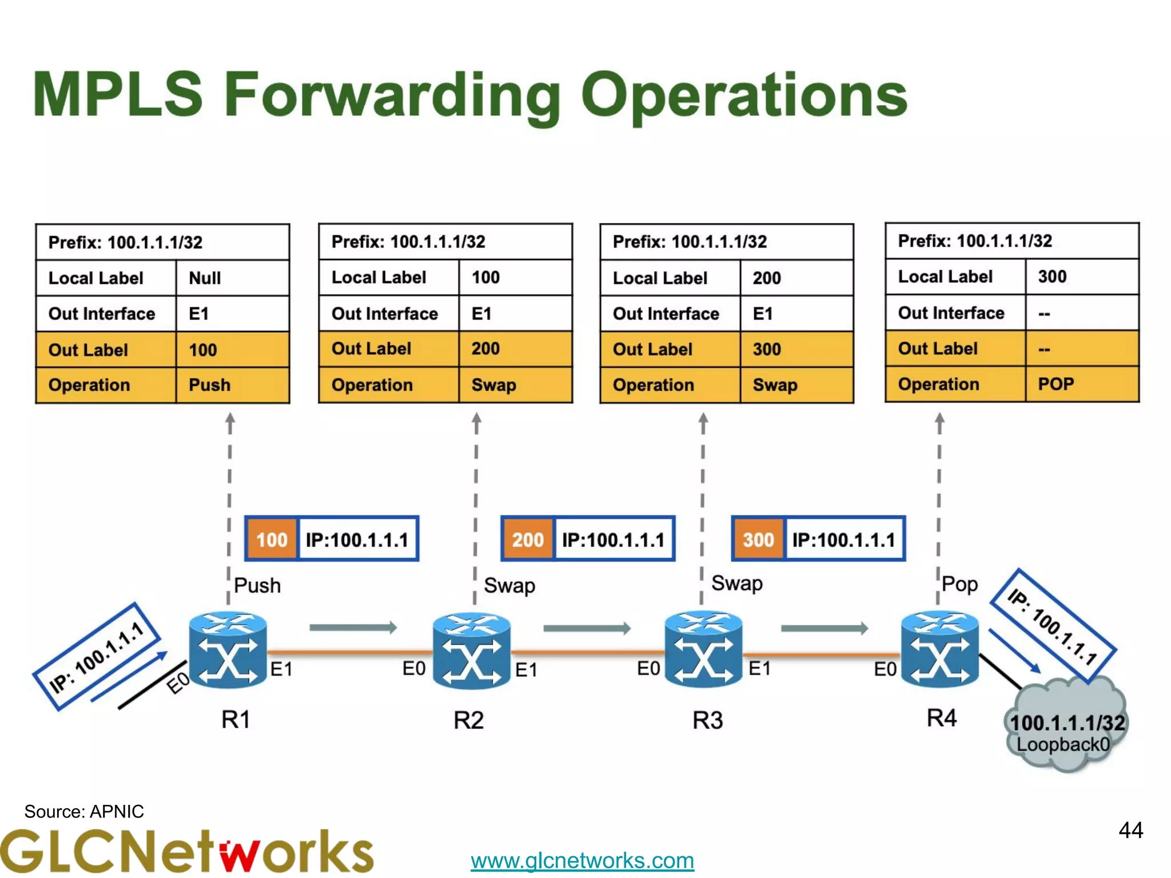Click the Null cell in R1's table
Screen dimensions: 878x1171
pyautogui.click(x=232, y=278)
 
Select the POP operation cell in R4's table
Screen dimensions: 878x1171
pyautogui.click(x=1081, y=384)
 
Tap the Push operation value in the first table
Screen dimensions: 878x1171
pyautogui.click(x=232, y=385)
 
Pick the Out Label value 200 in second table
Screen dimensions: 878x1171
pyautogui.click(x=514, y=349)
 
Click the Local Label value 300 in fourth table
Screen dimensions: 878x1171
pyautogui.click(x=1081, y=277)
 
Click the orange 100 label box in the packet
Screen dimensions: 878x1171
pyautogui.click(x=272, y=540)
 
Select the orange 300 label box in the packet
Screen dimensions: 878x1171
pyautogui.click(x=758, y=540)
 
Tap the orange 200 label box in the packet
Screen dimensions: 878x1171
pyautogui.click(x=527, y=540)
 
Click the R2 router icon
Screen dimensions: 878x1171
pyautogui.click(x=471, y=650)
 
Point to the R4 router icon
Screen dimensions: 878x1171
pyautogui.click(x=939, y=649)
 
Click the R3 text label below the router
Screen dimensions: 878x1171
pyautogui.click(x=707, y=720)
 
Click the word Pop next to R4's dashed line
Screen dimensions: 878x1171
pyautogui.click(x=959, y=584)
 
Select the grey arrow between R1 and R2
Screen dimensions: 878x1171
pyautogui.click(x=353, y=628)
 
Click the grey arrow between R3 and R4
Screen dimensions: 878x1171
pyautogui.click(x=824, y=629)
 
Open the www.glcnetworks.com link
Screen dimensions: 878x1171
pyautogui.click(x=582, y=860)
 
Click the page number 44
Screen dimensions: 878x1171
pyautogui.click(x=1130, y=830)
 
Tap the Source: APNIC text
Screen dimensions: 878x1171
pyautogui.click(x=84, y=811)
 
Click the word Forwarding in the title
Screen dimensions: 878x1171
pyautogui.click(x=392, y=95)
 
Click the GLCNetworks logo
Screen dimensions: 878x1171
pyautogui.click(x=186, y=852)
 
